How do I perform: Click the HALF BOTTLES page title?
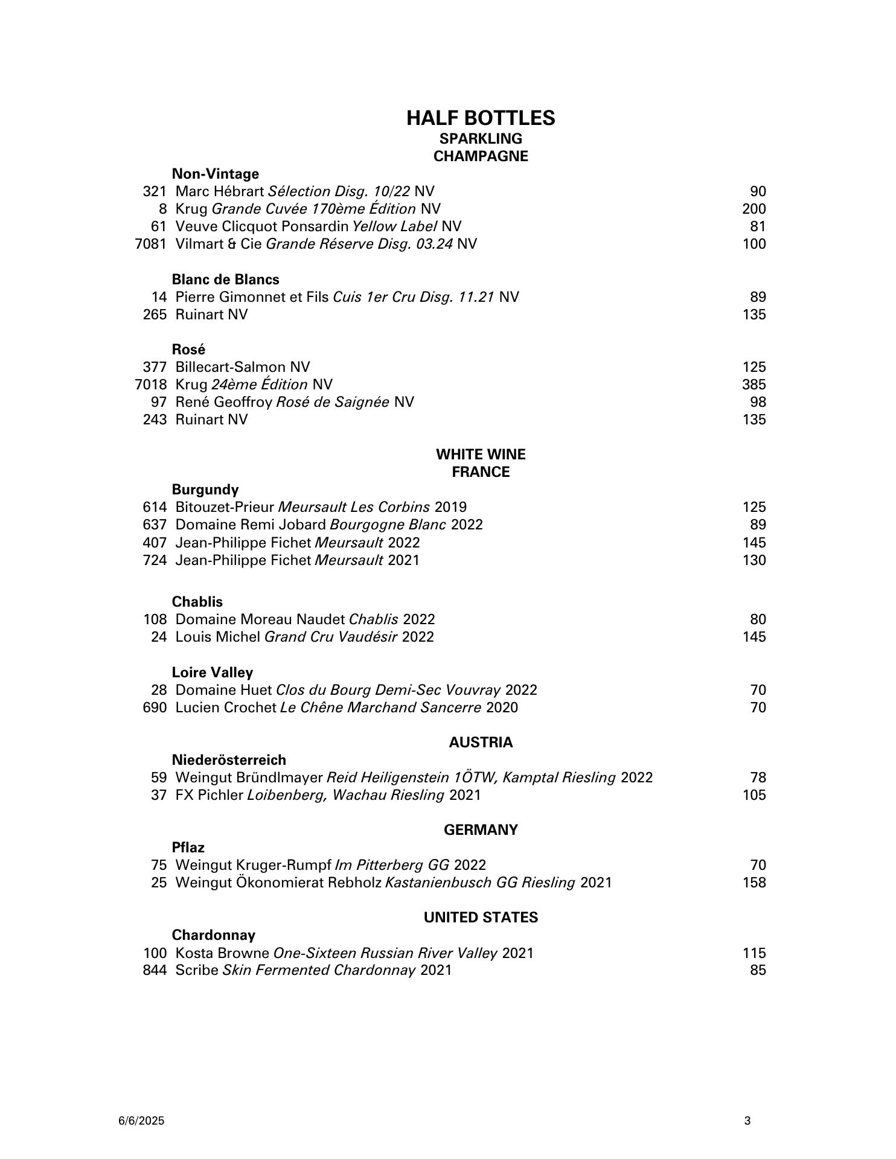(x=481, y=118)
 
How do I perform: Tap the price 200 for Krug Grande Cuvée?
(x=754, y=209)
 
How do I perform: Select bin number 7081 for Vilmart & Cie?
(x=150, y=244)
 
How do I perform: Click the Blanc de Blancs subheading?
(x=225, y=279)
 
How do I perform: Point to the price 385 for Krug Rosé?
(x=754, y=385)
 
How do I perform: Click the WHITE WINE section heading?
(x=481, y=454)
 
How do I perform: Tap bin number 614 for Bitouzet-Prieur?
(x=155, y=507)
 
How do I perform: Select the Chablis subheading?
(x=197, y=602)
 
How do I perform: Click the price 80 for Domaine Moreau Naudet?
(x=758, y=619)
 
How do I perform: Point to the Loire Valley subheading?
(x=212, y=672)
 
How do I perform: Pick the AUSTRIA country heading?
(x=481, y=742)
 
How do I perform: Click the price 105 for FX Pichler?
(x=754, y=795)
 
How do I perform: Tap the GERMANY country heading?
(x=481, y=830)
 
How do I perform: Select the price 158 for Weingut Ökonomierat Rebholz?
(x=754, y=883)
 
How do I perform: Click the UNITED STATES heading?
(x=481, y=918)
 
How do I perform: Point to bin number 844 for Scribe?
(x=155, y=970)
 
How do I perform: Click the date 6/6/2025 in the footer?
(x=141, y=1121)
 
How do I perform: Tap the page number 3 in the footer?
(x=747, y=1121)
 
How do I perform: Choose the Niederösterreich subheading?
(x=229, y=760)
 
